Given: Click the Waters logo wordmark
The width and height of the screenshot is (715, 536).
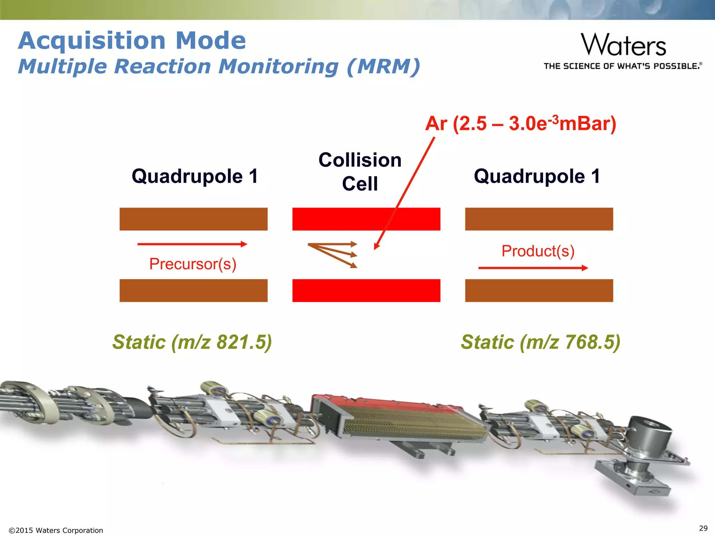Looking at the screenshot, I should click(623, 45).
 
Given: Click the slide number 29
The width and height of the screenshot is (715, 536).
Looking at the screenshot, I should click(703, 528).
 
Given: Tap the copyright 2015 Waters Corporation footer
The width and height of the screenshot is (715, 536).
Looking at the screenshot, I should click(56, 530).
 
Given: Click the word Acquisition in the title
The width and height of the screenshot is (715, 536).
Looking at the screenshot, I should click(92, 41).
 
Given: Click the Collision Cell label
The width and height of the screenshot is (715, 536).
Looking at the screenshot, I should click(360, 172).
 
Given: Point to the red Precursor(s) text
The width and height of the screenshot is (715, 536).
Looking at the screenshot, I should click(193, 264).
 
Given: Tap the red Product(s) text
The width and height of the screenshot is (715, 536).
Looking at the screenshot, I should click(538, 251).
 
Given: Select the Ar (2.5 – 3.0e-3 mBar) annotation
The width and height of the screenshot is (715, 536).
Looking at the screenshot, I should click(521, 124).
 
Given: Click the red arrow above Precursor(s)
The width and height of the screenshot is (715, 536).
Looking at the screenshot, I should click(192, 244).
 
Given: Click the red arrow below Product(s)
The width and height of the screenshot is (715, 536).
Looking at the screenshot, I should click(533, 268).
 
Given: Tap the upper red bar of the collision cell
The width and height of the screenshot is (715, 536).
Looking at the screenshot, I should click(349, 219).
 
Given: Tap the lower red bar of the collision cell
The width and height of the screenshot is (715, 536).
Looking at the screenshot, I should click(366, 290).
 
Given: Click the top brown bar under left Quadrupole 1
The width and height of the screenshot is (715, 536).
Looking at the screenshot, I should click(193, 219).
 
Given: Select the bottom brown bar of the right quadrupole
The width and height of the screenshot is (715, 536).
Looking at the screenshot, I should click(539, 290).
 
